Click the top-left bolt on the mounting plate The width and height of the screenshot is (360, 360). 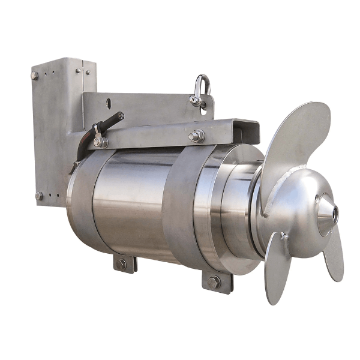click(35, 76)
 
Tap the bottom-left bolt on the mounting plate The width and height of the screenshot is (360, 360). click(38, 196)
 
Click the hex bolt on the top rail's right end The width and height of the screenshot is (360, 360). click(196, 137)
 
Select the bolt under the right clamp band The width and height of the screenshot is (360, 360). click(214, 281)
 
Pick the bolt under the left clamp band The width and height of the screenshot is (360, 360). click(122, 263)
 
